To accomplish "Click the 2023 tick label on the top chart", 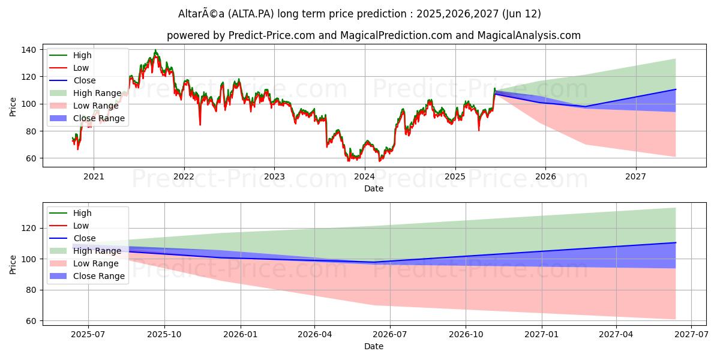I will pos(274,176).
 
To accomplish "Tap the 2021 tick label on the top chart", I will pos(93,176).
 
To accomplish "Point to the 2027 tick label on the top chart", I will pos(635,176).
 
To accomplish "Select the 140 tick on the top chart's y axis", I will pos(29,50).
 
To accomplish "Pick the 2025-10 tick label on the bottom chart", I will pos(164,334).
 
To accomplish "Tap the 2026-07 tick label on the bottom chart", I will pos(390,334).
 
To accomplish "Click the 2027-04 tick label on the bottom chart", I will pos(616,334).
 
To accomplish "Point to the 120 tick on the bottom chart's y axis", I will pos(29,228).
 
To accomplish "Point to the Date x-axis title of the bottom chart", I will pos(373,346).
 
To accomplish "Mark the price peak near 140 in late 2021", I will pos(155,50).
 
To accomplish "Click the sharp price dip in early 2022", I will pos(200,124).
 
